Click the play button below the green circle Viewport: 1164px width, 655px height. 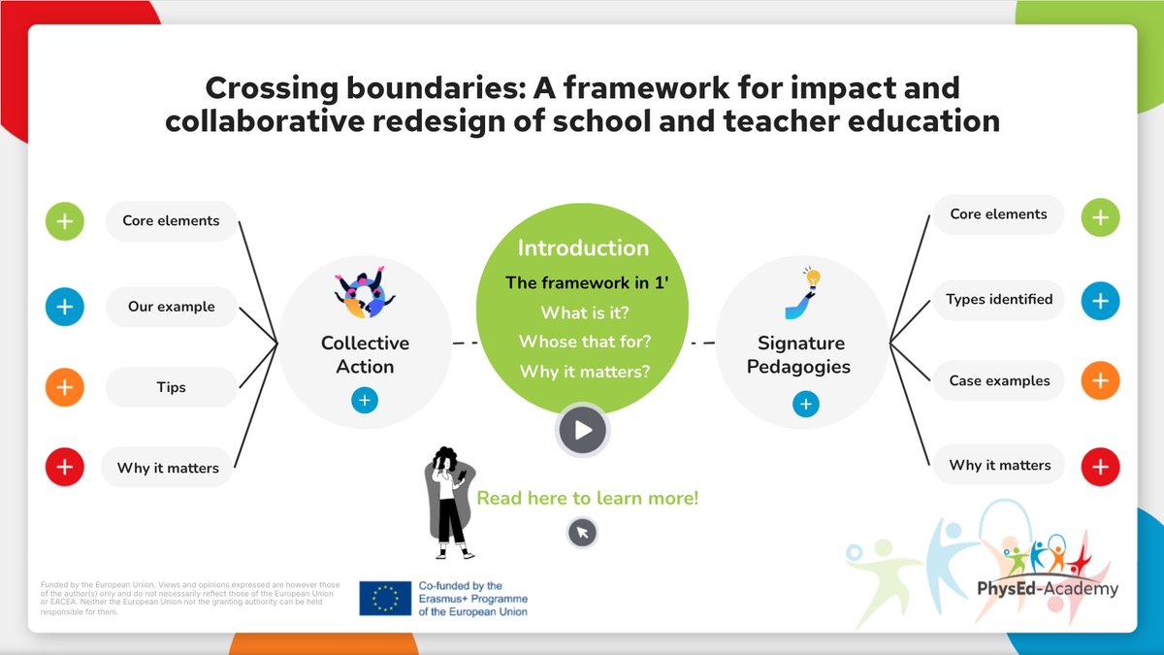(x=582, y=430)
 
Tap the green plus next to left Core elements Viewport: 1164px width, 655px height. (x=64, y=221)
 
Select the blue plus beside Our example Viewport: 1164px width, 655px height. (x=64, y=307)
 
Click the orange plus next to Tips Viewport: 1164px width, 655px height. (x=64, y=388)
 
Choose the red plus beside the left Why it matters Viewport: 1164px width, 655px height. (x=64, y=468)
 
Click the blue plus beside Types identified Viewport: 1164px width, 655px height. (x=1100, y=301)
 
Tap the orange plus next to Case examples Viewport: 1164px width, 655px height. (x=1100, y=381)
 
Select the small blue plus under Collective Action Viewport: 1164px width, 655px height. (x=365, y=400)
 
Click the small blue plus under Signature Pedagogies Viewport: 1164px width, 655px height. (x=805, y=404)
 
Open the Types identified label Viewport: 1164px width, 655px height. (x=999, y=300)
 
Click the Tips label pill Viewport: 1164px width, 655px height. (x=171, y=387)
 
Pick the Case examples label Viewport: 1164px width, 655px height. (x=999, y=381)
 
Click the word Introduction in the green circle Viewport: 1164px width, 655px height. (x=583, y=247)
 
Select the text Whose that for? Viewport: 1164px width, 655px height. (x=583, y=342)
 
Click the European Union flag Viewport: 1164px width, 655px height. (x=385, y=599)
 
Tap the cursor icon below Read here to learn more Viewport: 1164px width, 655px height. (x=582, y=532)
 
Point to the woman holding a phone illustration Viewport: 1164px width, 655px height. (x=449, y=503)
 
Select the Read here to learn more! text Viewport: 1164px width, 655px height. (x=587, y=498)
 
